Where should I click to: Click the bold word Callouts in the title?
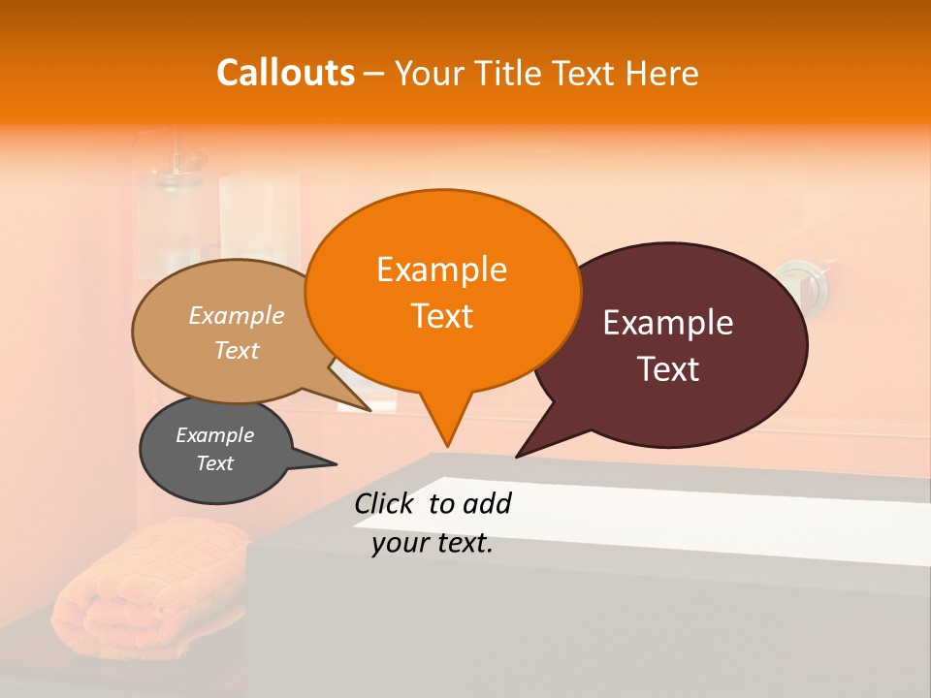285,73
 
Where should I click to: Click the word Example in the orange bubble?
441,270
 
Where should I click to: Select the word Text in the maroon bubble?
668,369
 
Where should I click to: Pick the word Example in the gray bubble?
214,435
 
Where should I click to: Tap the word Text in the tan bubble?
237,351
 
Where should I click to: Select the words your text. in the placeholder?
433,544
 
